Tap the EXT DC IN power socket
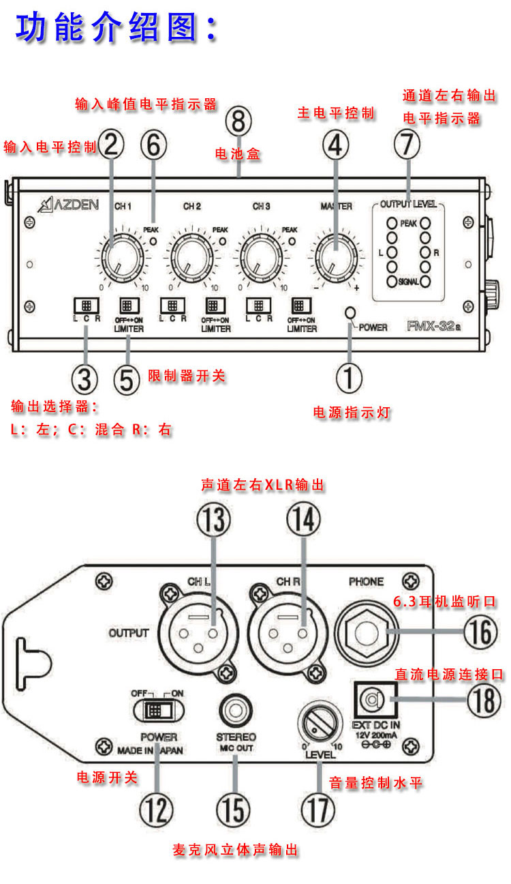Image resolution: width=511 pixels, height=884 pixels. [372, 699]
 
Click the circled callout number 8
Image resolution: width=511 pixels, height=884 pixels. [238, 123]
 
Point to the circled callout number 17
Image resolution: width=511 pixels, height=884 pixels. [318, 810]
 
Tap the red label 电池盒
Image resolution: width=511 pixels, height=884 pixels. [238, 155]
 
